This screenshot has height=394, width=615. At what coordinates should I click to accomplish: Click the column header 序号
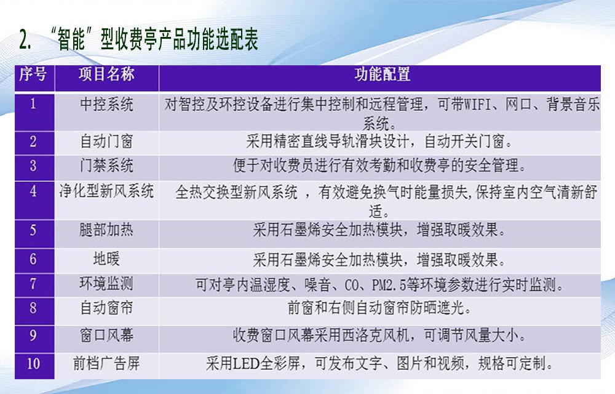33,74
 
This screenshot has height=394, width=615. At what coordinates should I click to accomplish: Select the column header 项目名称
106,74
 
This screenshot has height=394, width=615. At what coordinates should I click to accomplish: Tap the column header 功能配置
383,74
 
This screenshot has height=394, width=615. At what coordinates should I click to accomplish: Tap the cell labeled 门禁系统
106,166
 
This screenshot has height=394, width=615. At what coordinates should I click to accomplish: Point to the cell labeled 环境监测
106,284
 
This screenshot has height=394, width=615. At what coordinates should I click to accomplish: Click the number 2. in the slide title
25,40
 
